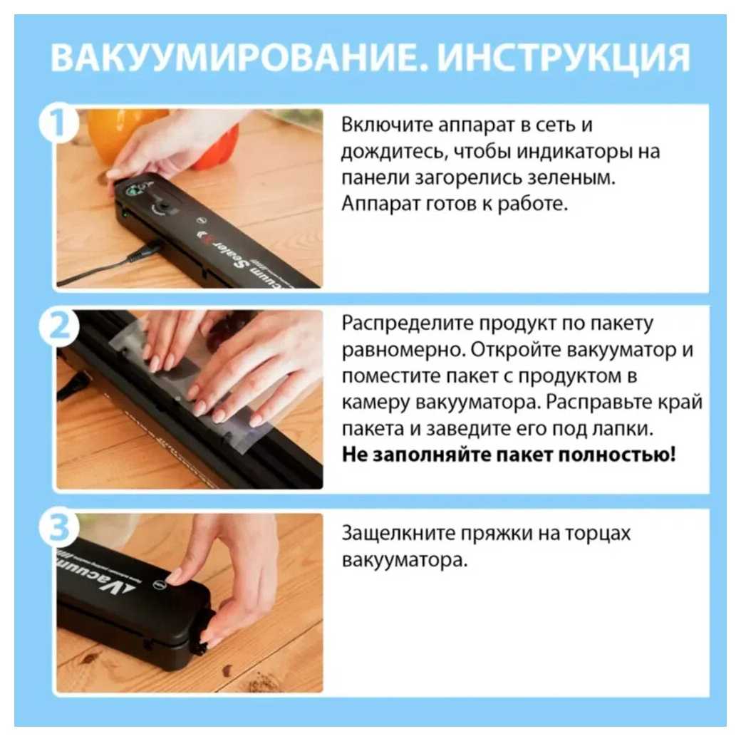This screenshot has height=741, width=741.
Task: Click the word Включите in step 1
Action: point(387,125)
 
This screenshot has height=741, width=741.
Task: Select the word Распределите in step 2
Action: point(408,323)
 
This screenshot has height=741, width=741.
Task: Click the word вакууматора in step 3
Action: point(405,561)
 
